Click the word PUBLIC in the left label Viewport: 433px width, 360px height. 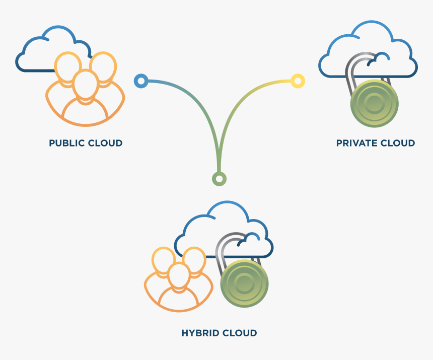point(67,143)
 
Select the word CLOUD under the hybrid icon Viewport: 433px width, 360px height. point(239,333)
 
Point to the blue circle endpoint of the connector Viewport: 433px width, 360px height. point(141,81)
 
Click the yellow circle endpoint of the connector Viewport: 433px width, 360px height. point(298,81)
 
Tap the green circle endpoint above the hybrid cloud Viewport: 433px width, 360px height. point(219,179)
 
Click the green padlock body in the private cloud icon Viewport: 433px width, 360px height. point(374,104)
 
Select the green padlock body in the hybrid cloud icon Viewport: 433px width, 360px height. point(244,283)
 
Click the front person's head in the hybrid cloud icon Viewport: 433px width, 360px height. point(178,275)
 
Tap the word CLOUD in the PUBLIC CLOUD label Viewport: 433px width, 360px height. point(105,143)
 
